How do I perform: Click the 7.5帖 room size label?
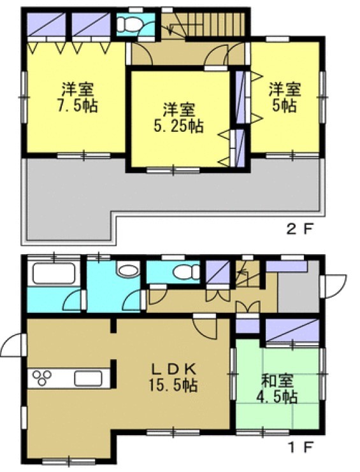tap(77, 106)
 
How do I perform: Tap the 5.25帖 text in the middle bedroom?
tap(178, 126)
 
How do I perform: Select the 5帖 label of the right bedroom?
tap(285, 106)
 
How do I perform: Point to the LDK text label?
tap(174, 368)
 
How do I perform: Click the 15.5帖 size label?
tap(173, 385)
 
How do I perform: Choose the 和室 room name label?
tap(277, 380)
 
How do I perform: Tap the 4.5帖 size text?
tap(277, 397)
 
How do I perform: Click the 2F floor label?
tap(300, 230)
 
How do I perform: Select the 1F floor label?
tap(301, 448)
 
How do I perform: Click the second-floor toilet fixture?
tap(129, 24)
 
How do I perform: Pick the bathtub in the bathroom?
tap(54, 273)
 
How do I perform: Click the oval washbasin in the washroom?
tap(129, 270)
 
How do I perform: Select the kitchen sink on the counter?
tap(88, 378)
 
